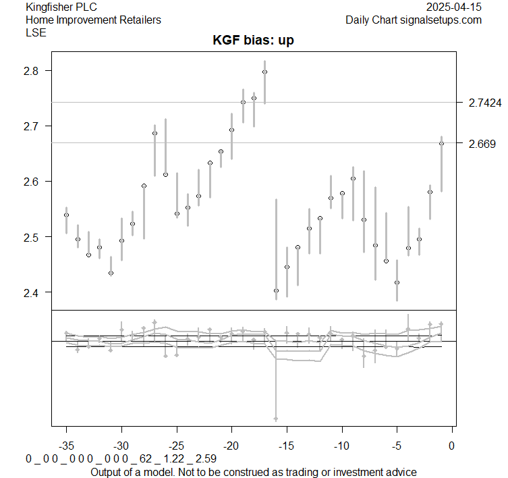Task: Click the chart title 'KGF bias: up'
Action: pyautogui.click(x=254, y=41)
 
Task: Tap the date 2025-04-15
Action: pyautogui.click(x=454, y=7)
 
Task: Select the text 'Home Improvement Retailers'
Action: pyautogui.click(x=93, y=20)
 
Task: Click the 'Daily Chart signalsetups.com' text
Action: pyautogui.click(x=414, y=20)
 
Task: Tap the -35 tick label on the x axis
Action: pyautogui.click(x=66, y=446)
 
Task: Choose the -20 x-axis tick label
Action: pyautogui.click(x=231, y=446)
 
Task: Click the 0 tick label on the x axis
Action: pyautogui.click(x=452, y=446)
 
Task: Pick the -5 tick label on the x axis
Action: pyautogui.click(x=397, y=446)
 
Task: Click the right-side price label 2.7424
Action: pyautogui.click(x=484, y=103)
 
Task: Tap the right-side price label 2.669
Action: pyautogui.click(x=482, y=143)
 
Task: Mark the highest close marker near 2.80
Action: pyautogui.click(x=264, y=72)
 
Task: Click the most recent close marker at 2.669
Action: pyautogui.click(x=441, y=143)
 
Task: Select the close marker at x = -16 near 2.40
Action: pyautogui.click(x=276, y=290)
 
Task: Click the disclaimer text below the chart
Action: pyautogui.click(x=254, y=471)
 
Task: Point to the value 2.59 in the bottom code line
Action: pyautogui.click(x=206, y=458)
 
